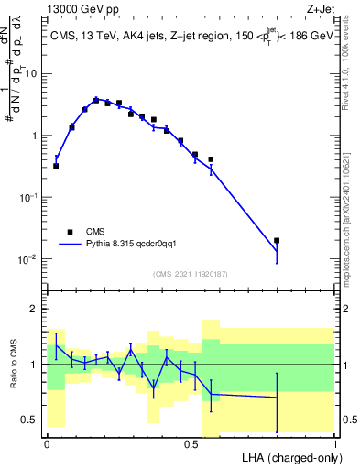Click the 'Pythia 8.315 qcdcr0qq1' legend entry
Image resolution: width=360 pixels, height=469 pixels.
pos(136,245)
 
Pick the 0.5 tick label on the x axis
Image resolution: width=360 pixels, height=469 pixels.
pos(191,442)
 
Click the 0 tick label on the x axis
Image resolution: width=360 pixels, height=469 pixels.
pos(47,442)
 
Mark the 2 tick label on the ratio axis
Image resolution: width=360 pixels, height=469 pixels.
pos(37,309)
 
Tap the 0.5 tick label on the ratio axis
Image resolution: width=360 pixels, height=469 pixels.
pos(32,420)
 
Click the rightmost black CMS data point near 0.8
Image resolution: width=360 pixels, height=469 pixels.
pos(277,241)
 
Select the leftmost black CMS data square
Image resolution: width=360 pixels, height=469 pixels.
pos(56,166)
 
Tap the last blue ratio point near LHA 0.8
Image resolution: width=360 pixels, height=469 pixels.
pos(277,397)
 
